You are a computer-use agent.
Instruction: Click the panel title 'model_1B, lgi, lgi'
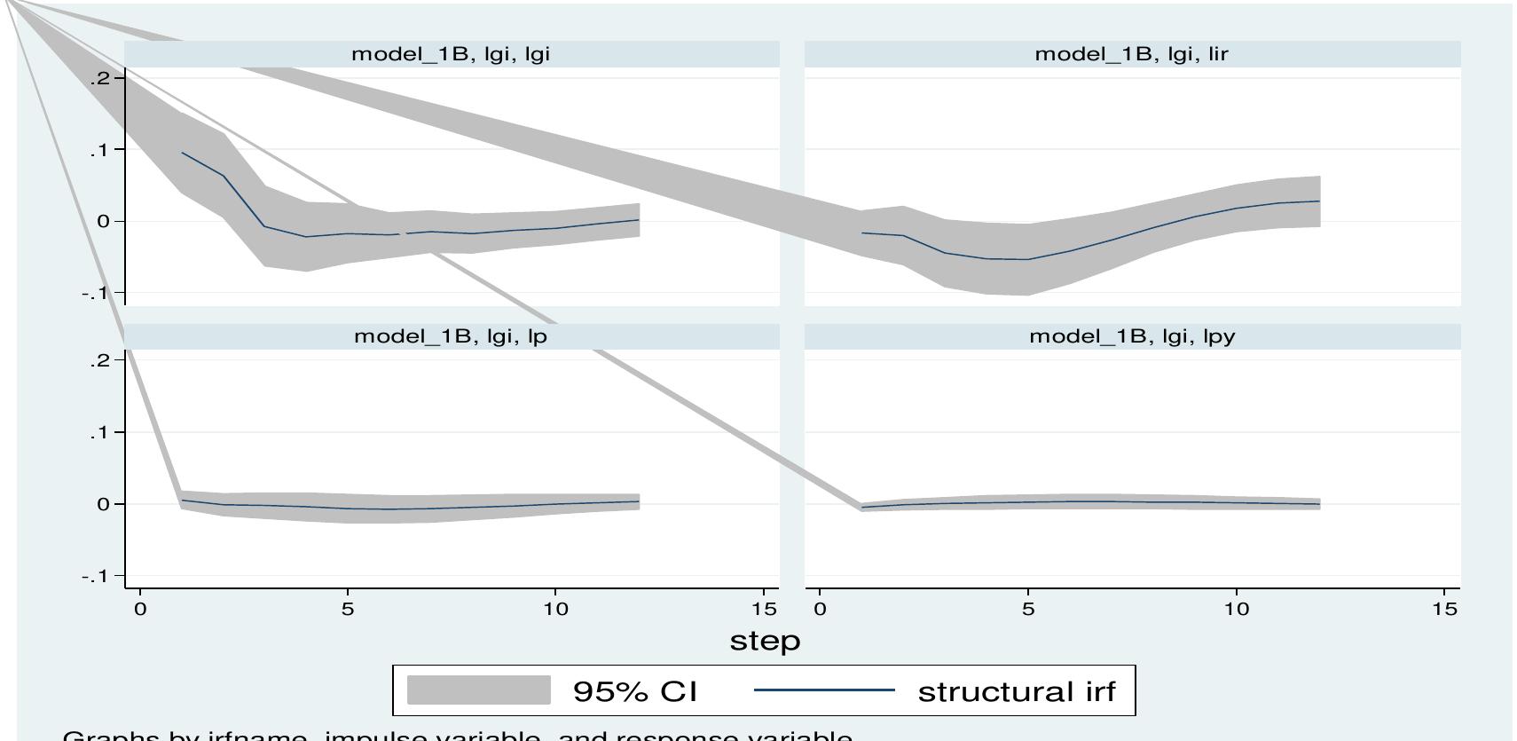tap(451, 53)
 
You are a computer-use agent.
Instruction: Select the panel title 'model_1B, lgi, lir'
tap(1131, 53)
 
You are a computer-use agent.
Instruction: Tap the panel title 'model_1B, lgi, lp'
tap(451, 336)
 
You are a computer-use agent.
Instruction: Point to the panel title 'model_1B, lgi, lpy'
tap(1132, 336)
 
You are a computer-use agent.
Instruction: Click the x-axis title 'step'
tap(765, 641)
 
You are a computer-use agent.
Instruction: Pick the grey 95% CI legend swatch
tap(479, 690)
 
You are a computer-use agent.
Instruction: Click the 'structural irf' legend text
tap(1017, 691)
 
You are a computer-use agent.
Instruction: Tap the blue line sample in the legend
tap(823, 690)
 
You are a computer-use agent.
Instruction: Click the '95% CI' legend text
tap(635, 691)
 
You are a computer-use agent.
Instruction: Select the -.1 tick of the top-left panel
tap(96, 293)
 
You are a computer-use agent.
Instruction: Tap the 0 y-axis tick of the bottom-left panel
tap(105, 504)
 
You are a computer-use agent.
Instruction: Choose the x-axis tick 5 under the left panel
tap(348, 609)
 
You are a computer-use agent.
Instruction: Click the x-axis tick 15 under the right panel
tap(1444, 609)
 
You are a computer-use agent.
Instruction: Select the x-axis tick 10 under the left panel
tap(555, 609)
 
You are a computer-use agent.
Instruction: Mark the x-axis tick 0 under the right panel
tap(820, 609)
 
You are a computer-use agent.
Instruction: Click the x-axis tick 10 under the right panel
tap(1237, 609)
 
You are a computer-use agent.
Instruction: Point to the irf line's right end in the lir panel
tap(1319, 201)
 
